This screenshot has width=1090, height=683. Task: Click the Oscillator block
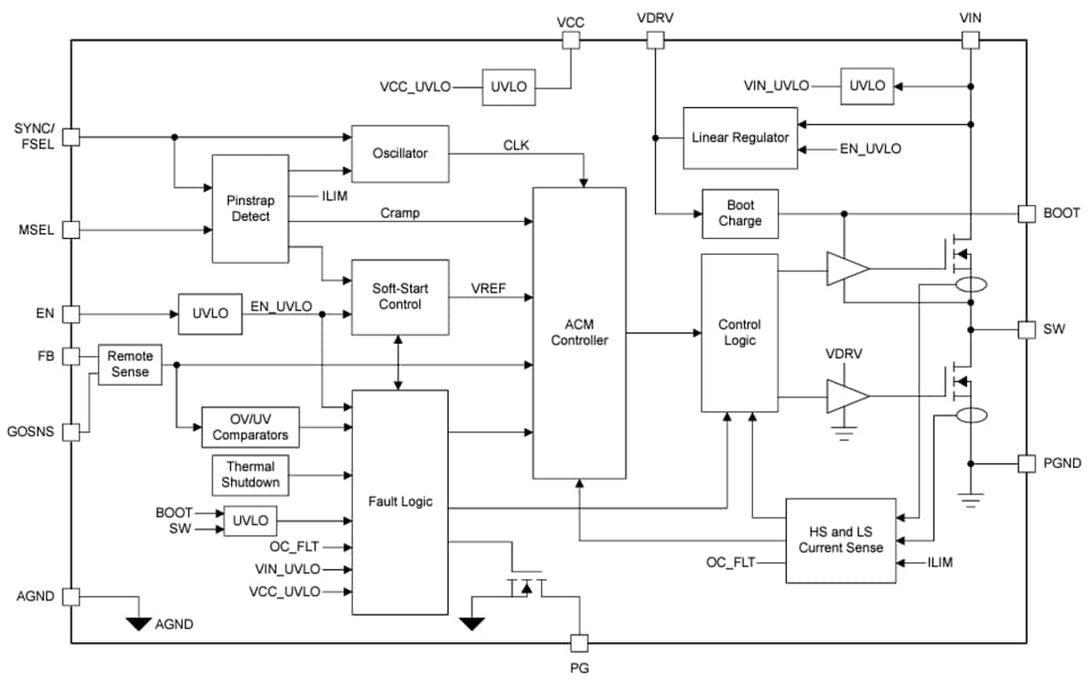pyautogui.click(x=400, y=154)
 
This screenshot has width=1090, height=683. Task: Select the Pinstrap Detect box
pyautogui.click(x=251, y=208)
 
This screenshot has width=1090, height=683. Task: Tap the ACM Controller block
pyautogui.click(x=580, y=332)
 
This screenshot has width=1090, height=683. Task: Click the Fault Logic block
pyautogui.click(x=400, y=502)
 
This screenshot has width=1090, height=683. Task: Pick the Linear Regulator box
pyautogui.click(x=740, y=137)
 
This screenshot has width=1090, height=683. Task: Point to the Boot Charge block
pyautogui.click(x=740, y=213)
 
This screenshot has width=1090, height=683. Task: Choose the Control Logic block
pyautogui.click(x=739, y=332)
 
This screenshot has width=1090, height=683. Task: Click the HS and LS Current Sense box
pyautogui.click(x=840, y=540)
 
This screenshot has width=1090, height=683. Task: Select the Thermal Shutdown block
pyautogui.click(x=251, y=475)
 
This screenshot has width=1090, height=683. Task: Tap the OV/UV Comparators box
pyautogui.click(x=251, y=427)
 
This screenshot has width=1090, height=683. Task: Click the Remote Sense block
pyautogui.click(x=129, y=364)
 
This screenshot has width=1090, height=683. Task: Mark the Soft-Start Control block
pyautogui.click(x=400, y=296)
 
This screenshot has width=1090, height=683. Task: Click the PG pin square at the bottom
pyautogui.click(x=581, y=642)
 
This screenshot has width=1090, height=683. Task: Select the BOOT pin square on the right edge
pyautogui.click(x=1026, y=213)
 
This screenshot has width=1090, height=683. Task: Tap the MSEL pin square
pyautogui.click(x=70, y=229)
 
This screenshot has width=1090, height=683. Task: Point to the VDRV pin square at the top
pyautogui.click(x=654, y=40)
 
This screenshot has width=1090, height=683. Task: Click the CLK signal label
pyautogui.click(x=516, y=145)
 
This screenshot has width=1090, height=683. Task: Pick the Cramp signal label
pyautogui.click(x=399, y=213)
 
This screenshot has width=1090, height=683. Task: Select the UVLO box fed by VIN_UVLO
pyautogui.click(x=867, y=86)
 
